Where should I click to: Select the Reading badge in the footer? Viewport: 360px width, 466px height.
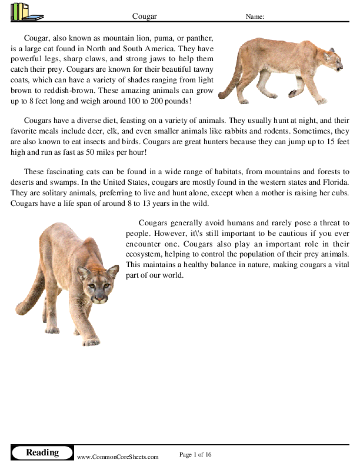42,452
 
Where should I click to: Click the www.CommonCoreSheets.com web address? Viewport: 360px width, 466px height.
118,457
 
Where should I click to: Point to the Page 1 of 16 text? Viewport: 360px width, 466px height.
195,454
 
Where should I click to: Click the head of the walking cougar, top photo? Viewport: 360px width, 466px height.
332,57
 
